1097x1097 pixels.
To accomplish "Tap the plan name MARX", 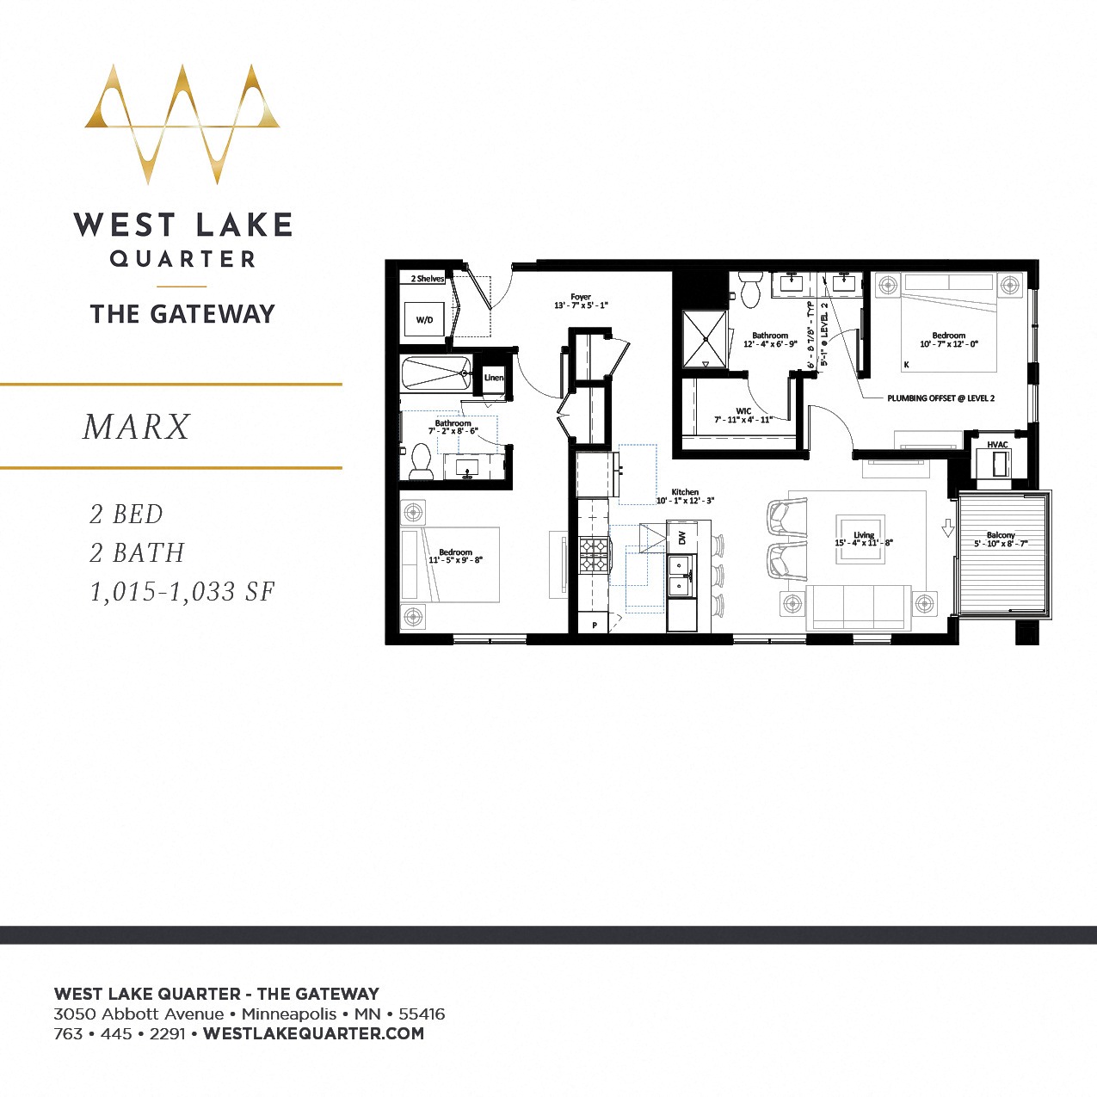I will pyautogui.click(x=137, y=428).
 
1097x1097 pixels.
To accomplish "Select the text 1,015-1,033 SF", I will pyautogui.click(x=182, y=592).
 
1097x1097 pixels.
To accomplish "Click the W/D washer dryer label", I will pyautogui.click(x=424, y=320).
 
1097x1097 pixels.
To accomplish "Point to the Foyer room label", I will pyautogui.click(x=581, y=298).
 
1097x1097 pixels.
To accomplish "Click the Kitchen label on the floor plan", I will pyautogui.click(x=685, y=492).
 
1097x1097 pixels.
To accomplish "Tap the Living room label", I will pyautogui.click(x=863, y=535).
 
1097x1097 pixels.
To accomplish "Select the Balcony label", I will pyautogui.click(x=1001, y=535).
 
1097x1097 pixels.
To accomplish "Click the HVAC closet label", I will pyautogui.click(x=997, y=445).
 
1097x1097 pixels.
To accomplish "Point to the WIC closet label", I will pyautogui.click(x=743, y=411).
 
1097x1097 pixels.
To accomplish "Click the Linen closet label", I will pyautogui.click(x=493, y=378).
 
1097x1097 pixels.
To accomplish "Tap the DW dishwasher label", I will pyautogui.click(x=682, y=538).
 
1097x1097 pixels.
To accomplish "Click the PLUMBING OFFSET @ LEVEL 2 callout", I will pyautogui.click(x=940, y=398).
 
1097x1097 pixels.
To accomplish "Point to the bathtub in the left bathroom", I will pyautogui.click(x=435, y=374).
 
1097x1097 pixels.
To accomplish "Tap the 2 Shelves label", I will pyautogui.click(x=428, y=279).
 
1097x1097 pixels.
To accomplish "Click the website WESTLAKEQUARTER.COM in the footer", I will pyautogui.click(x=313, y=1033).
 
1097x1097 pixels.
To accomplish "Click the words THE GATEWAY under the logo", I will pyautogui.click(x=182, y=314).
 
